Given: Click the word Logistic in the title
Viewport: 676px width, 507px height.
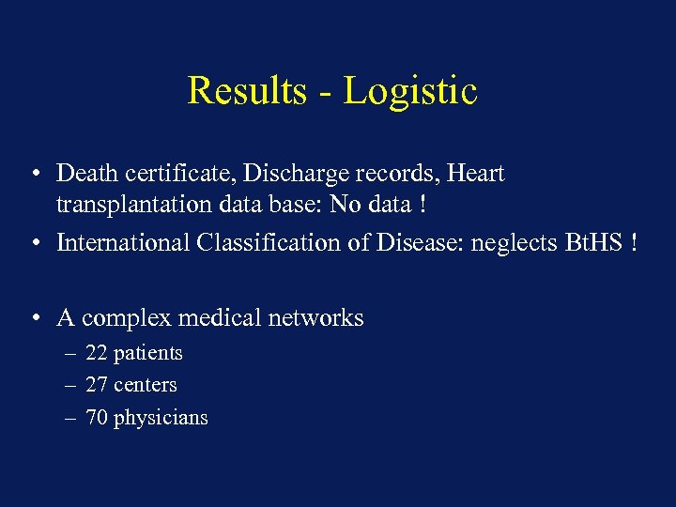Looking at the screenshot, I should [410, 92].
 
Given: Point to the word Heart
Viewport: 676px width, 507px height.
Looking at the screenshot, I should [475, 174].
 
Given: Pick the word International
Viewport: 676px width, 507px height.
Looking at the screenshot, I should [123, 242].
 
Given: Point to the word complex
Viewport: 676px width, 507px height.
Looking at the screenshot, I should [122, 319].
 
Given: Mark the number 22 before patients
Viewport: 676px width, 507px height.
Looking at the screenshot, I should [96, 353].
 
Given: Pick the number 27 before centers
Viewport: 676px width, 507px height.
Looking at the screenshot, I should [96, 385].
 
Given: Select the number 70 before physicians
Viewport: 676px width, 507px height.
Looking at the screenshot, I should [96, 418].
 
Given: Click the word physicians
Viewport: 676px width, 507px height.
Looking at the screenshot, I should [161, 419].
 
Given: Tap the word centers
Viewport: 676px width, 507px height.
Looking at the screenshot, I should [145, 385].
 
